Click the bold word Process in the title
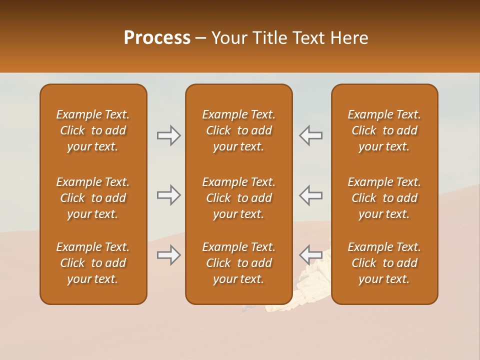point(157,38)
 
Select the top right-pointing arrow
point(168,135)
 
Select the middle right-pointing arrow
point(168,195)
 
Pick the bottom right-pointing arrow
point(168,255)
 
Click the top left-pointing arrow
point(310,135)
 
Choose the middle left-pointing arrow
point(310,195)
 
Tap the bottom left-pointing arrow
point(310,255)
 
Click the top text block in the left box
point(93,130)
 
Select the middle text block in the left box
point(93,198)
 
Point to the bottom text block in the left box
point(93,263)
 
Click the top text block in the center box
point(238,130)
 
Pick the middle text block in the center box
point(238,198)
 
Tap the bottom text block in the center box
point(238,263)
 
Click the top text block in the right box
point(384,130)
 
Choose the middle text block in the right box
point(384,198)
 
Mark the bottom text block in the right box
point(384,263)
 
